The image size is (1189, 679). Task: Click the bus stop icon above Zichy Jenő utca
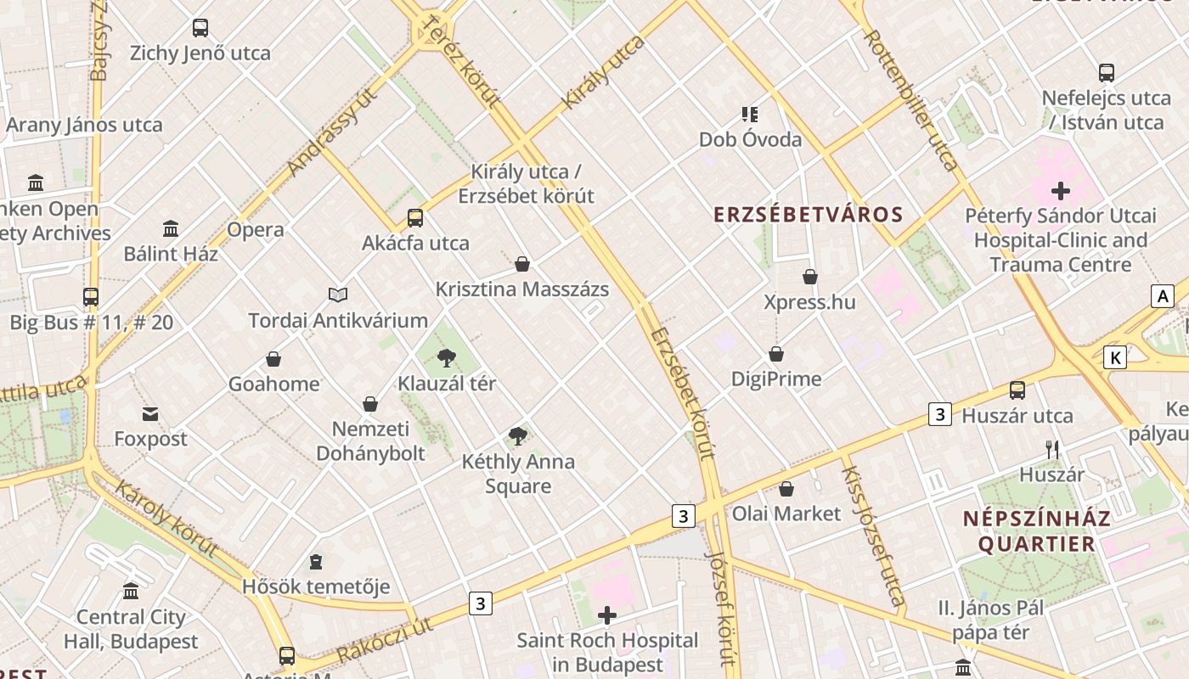[x=200, y=28]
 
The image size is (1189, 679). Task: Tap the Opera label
[x=255, y=229]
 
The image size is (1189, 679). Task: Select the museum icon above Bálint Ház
[x=171, y=228]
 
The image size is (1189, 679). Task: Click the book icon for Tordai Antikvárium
[x=338, y=295]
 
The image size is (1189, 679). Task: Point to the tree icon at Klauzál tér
[x=447, y=358]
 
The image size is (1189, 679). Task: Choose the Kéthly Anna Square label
[x=518, y=474]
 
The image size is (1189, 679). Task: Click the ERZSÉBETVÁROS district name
[x=808, y=214]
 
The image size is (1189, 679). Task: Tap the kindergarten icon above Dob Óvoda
[x=749, y=114]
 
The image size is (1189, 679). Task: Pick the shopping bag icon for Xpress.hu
[x=810, y=277]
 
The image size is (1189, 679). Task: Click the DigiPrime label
[x=776, y=379]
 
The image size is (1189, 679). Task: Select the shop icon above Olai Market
[x=786, y=489]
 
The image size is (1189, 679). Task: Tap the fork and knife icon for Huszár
[x=1052, y=449]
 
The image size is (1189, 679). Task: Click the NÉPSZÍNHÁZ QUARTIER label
[x=1036, y=531]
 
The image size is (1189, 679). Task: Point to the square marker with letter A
[x=1162, y=295]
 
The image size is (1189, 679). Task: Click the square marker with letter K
[x=1115, y=357]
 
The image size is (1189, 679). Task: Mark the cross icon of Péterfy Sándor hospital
[x=1060, y=191]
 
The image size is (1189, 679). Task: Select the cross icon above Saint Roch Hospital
[x=607, y=615]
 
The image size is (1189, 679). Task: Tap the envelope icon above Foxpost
[x=150, y=414]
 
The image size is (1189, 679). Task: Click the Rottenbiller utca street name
[x=910, y=100]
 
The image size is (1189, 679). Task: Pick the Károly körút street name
[x=166, y=518]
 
